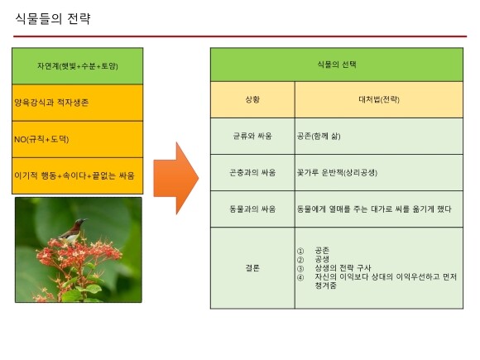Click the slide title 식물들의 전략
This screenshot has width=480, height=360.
coord(53,19)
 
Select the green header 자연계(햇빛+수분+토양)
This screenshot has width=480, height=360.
coord(78,66)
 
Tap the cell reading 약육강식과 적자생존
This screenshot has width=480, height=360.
coord(78,103)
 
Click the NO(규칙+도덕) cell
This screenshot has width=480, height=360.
coord(78,139)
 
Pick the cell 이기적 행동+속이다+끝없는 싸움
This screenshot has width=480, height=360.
coord(78,175)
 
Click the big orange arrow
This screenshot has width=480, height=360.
coord(176,178)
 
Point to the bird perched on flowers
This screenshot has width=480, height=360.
coord(73,232)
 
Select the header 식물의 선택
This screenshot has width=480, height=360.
coord(337,65)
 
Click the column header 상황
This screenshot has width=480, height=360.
coord(252,99)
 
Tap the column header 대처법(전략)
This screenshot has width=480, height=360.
coord(379,99)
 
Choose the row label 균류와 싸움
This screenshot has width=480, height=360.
coord(252,136)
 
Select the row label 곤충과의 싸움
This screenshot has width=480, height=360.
coord(252,173)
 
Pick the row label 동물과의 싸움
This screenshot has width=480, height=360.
coord(252,209)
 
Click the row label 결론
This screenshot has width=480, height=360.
coord(252,268)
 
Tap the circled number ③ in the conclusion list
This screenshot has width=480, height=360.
coord(300,268)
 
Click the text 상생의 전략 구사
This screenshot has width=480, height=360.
coord(343,268)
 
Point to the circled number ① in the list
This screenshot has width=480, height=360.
coord(300,251)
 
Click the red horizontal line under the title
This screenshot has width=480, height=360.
coord(240,36)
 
